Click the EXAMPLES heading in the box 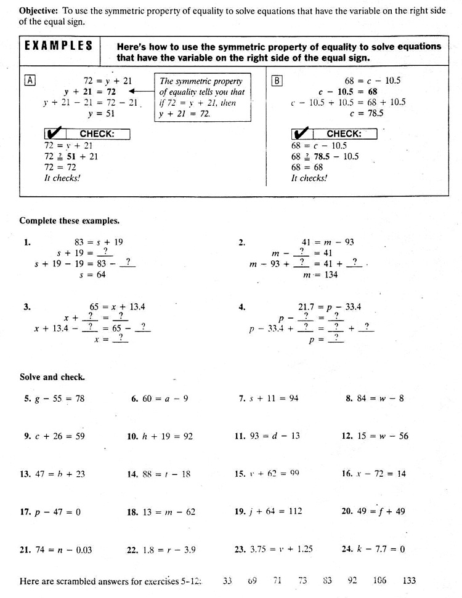click(x=59, y=47)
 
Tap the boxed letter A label click(x=30, y=80)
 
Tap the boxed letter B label click(x=277, y=80)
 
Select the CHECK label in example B click(x=344, y=134)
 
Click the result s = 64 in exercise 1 click(x=92, y=275)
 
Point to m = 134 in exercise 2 click(x=320, y=275)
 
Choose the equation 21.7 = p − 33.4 click(x=330, y=306)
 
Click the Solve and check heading click(x=52, y=377)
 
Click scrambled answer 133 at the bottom click(x=409, y=580)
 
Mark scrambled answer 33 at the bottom click(x=227, y=580)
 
